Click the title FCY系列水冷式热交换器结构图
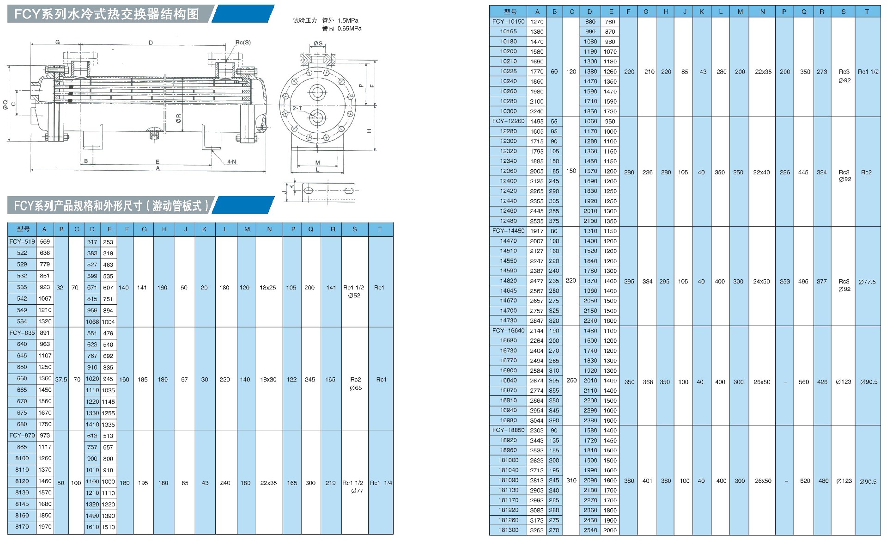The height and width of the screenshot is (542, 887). [x=107, y=14]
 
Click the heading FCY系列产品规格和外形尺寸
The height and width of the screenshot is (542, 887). [x=111, y=206]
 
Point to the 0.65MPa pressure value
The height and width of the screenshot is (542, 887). [x=349, y=29]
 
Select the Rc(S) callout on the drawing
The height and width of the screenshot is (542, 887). [x=243, y=43]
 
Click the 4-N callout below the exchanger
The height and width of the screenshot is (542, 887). [x=231, y=162]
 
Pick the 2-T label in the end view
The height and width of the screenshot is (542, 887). [x=297, y=108]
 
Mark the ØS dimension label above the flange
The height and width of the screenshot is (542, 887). [x=318, y=43]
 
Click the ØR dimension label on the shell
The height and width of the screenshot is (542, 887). [x=178, y=118]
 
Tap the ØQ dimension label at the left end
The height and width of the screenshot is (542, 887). [x=6, y=105]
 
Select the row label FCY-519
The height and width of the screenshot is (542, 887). [x=22, y=242]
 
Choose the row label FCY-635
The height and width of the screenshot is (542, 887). [x=22, y=333]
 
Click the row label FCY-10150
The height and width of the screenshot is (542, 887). [x=508, y=22]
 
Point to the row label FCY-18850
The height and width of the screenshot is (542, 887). [x=508, y=431]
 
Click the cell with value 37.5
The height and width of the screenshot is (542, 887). [x=61, y=380]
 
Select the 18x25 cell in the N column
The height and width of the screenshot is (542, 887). [x=268, y=288]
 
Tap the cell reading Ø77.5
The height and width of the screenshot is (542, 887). [x=867, y=282]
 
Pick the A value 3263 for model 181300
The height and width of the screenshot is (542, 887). [x=536, y=530]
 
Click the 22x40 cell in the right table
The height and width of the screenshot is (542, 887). [x=761, y=172]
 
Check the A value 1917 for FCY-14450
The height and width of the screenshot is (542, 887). [x=536, y=231]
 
